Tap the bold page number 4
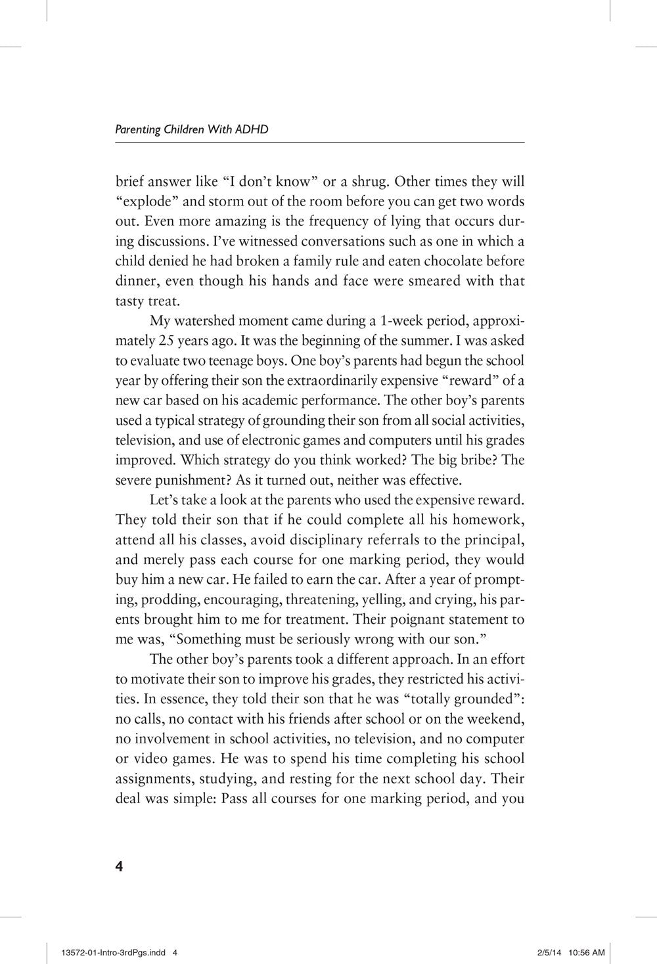click(119, 865)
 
